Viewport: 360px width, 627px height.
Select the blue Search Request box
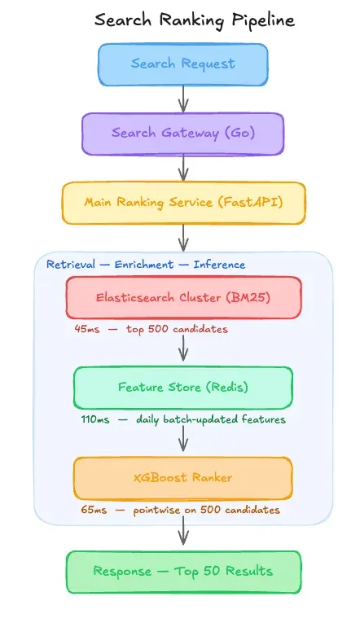click(182, 64)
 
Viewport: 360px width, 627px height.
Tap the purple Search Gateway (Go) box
click(182, 134)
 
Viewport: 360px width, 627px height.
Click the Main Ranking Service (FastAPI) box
click(183, 203)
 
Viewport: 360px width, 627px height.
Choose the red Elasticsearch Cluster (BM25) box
click(183, 297)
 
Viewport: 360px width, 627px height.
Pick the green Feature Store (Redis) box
click(182, 388)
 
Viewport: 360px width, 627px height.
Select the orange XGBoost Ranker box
click(182, 478)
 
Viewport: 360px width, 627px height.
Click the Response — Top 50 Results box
click(183, 572)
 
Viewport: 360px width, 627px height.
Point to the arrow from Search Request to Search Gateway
click(183, 99)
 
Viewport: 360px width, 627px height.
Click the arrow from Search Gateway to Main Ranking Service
click(183, 168)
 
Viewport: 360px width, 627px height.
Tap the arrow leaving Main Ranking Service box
click(183, 237)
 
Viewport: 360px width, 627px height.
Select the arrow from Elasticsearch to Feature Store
click(183, 345)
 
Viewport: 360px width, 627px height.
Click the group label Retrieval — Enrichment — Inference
click(146, 265)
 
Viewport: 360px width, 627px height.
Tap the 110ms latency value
click(93, 420)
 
